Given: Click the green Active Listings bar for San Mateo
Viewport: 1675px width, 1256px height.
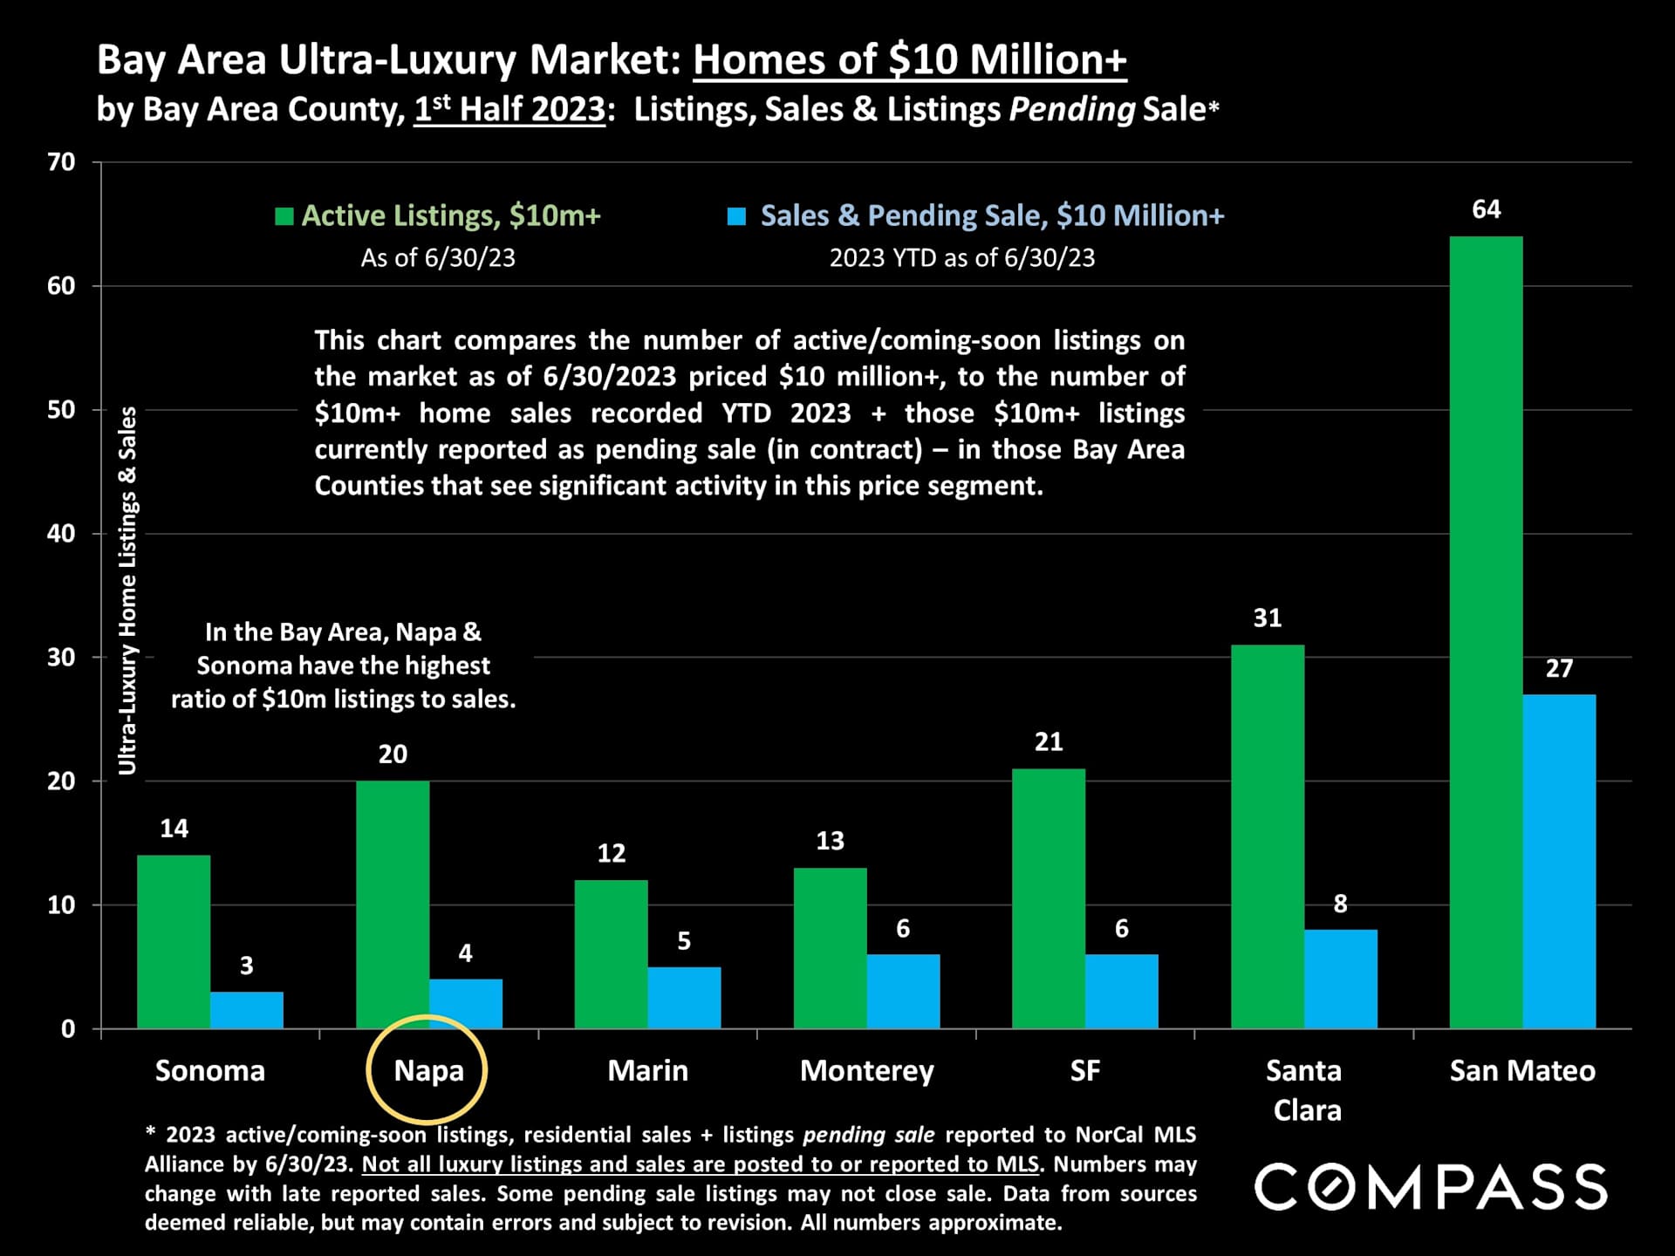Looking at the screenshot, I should [1486, 632].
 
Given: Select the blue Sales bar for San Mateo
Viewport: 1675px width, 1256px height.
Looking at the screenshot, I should [1559, 861].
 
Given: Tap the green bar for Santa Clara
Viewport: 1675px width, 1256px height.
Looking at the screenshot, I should [1268, 836].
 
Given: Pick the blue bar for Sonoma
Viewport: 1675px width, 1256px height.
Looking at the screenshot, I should [247, 1010].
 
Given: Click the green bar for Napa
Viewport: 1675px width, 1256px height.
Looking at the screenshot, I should [393, 904].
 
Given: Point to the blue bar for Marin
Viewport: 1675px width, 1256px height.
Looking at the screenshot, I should [684, 997].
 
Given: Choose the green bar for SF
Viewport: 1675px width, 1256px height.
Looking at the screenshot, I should [1049, 898].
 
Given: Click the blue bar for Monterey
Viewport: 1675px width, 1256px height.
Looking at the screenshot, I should [903, 991].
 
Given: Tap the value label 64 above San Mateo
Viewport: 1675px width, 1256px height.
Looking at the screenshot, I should [1486, 209].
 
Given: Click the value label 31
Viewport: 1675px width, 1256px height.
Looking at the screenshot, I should [1268, 618].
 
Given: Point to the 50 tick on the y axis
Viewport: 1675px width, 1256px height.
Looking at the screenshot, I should [61, 410].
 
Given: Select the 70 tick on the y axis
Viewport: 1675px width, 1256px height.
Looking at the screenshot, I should [61, 162].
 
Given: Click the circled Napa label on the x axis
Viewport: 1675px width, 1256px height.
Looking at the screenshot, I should [428, 1070].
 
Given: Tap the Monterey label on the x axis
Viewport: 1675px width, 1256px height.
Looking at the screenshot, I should [866, 1070].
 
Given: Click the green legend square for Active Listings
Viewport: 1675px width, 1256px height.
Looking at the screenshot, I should [284, 216].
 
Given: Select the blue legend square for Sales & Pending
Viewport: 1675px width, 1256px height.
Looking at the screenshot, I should [737, 216].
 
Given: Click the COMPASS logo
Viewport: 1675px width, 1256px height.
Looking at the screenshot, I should [1431, 1186].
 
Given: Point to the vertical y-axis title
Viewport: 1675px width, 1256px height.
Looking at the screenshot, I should [127, 590].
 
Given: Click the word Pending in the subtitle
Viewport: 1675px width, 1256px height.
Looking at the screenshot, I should [1072, 110].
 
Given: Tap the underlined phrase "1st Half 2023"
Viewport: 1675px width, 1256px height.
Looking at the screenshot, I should [509, 110].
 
